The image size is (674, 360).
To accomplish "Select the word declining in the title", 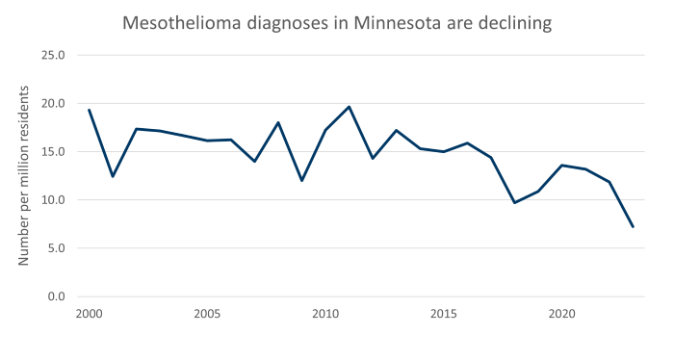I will [514, 22].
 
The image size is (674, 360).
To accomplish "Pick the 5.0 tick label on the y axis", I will [54, 248].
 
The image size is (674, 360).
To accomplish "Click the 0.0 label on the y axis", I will [54, 296].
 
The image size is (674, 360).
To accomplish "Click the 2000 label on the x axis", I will [89, 314].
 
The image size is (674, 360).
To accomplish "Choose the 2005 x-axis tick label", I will [207, 314].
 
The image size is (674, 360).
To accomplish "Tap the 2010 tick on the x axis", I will [325, 314].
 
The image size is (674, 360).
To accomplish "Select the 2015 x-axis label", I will [444, 314].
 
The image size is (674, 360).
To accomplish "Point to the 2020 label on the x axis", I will [562, 314].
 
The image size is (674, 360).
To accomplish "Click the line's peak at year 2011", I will [350, 107].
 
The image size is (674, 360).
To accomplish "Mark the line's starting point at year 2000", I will [89, 110].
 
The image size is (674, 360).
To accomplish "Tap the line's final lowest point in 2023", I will [633, 227].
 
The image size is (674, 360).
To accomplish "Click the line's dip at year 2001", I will [113, 176].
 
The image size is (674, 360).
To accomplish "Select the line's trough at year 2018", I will [515, 202].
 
